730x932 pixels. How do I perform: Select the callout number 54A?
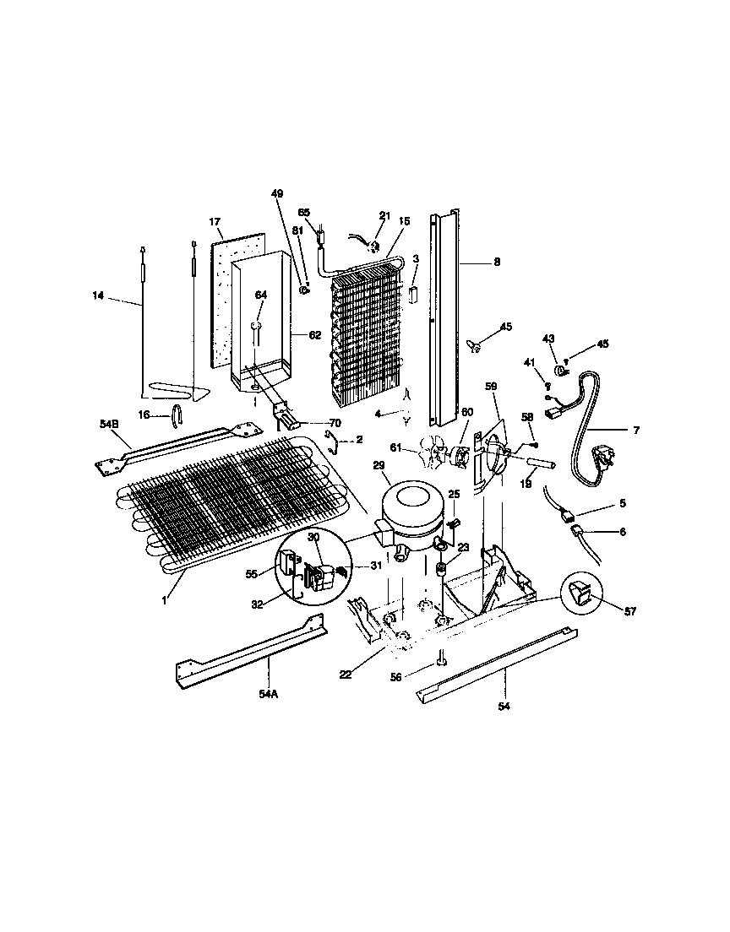pyautogui.click(x=269, y=693)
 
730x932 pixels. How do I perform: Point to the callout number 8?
pyautogui.click(x=497, y=263)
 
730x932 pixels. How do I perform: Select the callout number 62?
pyautogui.click(x=314, y=334)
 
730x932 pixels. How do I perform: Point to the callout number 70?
pyautogui.click(x=335, y=423)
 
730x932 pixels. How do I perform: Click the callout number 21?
pyautogui.click(x=384, y=217)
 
